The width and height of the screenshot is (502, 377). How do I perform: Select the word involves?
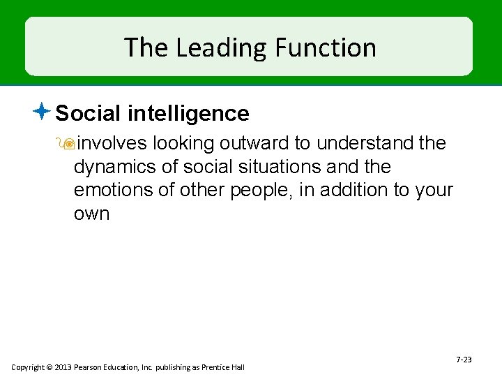pyautogui.click(x=112, y=144)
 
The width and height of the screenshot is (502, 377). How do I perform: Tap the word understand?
pyautogui.click(x=363, y=144)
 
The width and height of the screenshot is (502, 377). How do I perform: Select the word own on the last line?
pyautogui.click(x=91, y=214)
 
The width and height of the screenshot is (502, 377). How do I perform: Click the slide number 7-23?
pyautogui.click(x=464, y=360)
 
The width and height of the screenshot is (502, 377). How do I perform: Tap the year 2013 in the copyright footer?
pyautogui.click(x=62, y=367)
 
